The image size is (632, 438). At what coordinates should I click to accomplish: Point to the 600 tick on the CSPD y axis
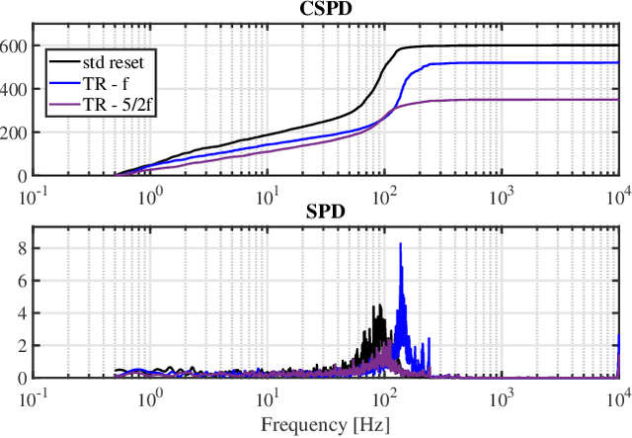pos(18,45)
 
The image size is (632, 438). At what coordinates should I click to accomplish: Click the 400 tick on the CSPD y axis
pos(18,89)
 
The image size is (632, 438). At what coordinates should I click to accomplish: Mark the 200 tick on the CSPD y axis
pos(18,132)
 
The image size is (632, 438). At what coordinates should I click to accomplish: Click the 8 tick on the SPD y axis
pos(23,249)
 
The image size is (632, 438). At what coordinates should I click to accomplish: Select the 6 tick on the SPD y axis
pos(23,282)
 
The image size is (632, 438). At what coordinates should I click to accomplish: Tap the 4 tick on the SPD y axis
pos(23,313)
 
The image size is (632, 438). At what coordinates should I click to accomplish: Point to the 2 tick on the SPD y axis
pos(23,345)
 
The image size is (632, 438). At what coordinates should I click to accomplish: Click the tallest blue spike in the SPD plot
pos(401,245)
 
